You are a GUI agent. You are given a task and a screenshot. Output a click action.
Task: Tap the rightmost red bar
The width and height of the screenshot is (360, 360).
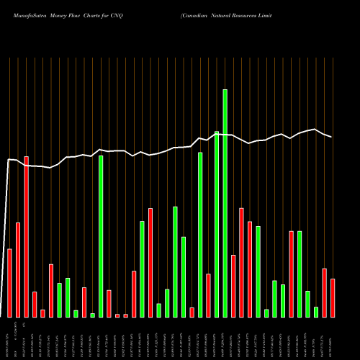point(333,297)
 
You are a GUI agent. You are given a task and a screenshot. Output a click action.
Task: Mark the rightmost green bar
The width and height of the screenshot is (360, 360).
point(316,312)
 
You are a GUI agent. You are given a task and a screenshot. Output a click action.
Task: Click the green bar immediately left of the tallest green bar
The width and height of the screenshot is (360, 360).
point(217,224)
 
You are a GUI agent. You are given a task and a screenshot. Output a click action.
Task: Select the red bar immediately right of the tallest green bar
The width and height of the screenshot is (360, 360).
point(233,286)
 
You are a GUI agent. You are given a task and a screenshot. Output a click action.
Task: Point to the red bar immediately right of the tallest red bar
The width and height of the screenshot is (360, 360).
point(35,304)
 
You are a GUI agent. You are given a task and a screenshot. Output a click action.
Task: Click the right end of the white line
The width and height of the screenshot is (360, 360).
point(331,137)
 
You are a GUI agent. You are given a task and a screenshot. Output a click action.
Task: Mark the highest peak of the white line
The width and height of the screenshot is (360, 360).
point(314,130)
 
